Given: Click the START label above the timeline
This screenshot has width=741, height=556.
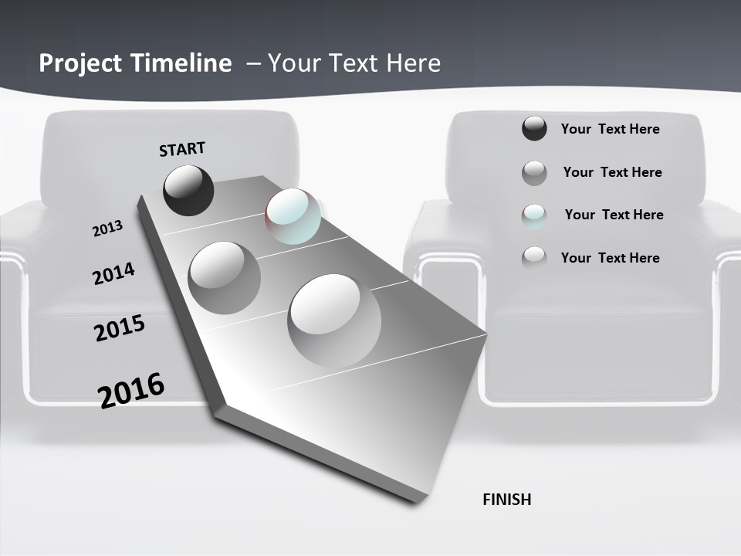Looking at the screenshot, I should point(182,149).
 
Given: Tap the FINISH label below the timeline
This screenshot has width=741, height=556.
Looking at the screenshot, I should point(507,500).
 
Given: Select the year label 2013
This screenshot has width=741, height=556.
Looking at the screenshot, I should point(108,229).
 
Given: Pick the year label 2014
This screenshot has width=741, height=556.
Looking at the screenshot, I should point(113,273).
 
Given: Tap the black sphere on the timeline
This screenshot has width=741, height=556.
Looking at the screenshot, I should point(188,190).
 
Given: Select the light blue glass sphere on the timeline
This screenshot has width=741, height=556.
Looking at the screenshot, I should point(293,216).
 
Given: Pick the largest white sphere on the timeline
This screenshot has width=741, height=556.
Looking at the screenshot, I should point(334,320).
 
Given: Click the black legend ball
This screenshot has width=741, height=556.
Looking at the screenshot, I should point(534,129).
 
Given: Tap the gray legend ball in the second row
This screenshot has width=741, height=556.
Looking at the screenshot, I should point(534,173).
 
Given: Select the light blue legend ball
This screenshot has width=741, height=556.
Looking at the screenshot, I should point(534,215).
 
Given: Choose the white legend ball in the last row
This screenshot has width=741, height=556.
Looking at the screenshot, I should point(534,258).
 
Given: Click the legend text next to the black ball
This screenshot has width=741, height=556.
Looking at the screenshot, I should point(610,129).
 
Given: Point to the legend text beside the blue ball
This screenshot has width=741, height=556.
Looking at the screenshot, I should point(614,215).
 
